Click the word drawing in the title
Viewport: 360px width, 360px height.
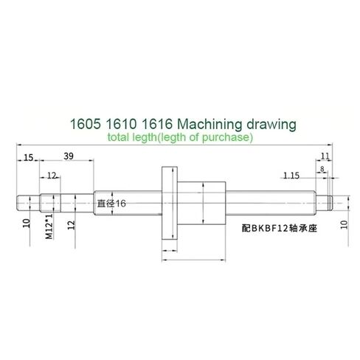coord(270,122)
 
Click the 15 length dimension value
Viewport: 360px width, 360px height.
coord(27,157)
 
